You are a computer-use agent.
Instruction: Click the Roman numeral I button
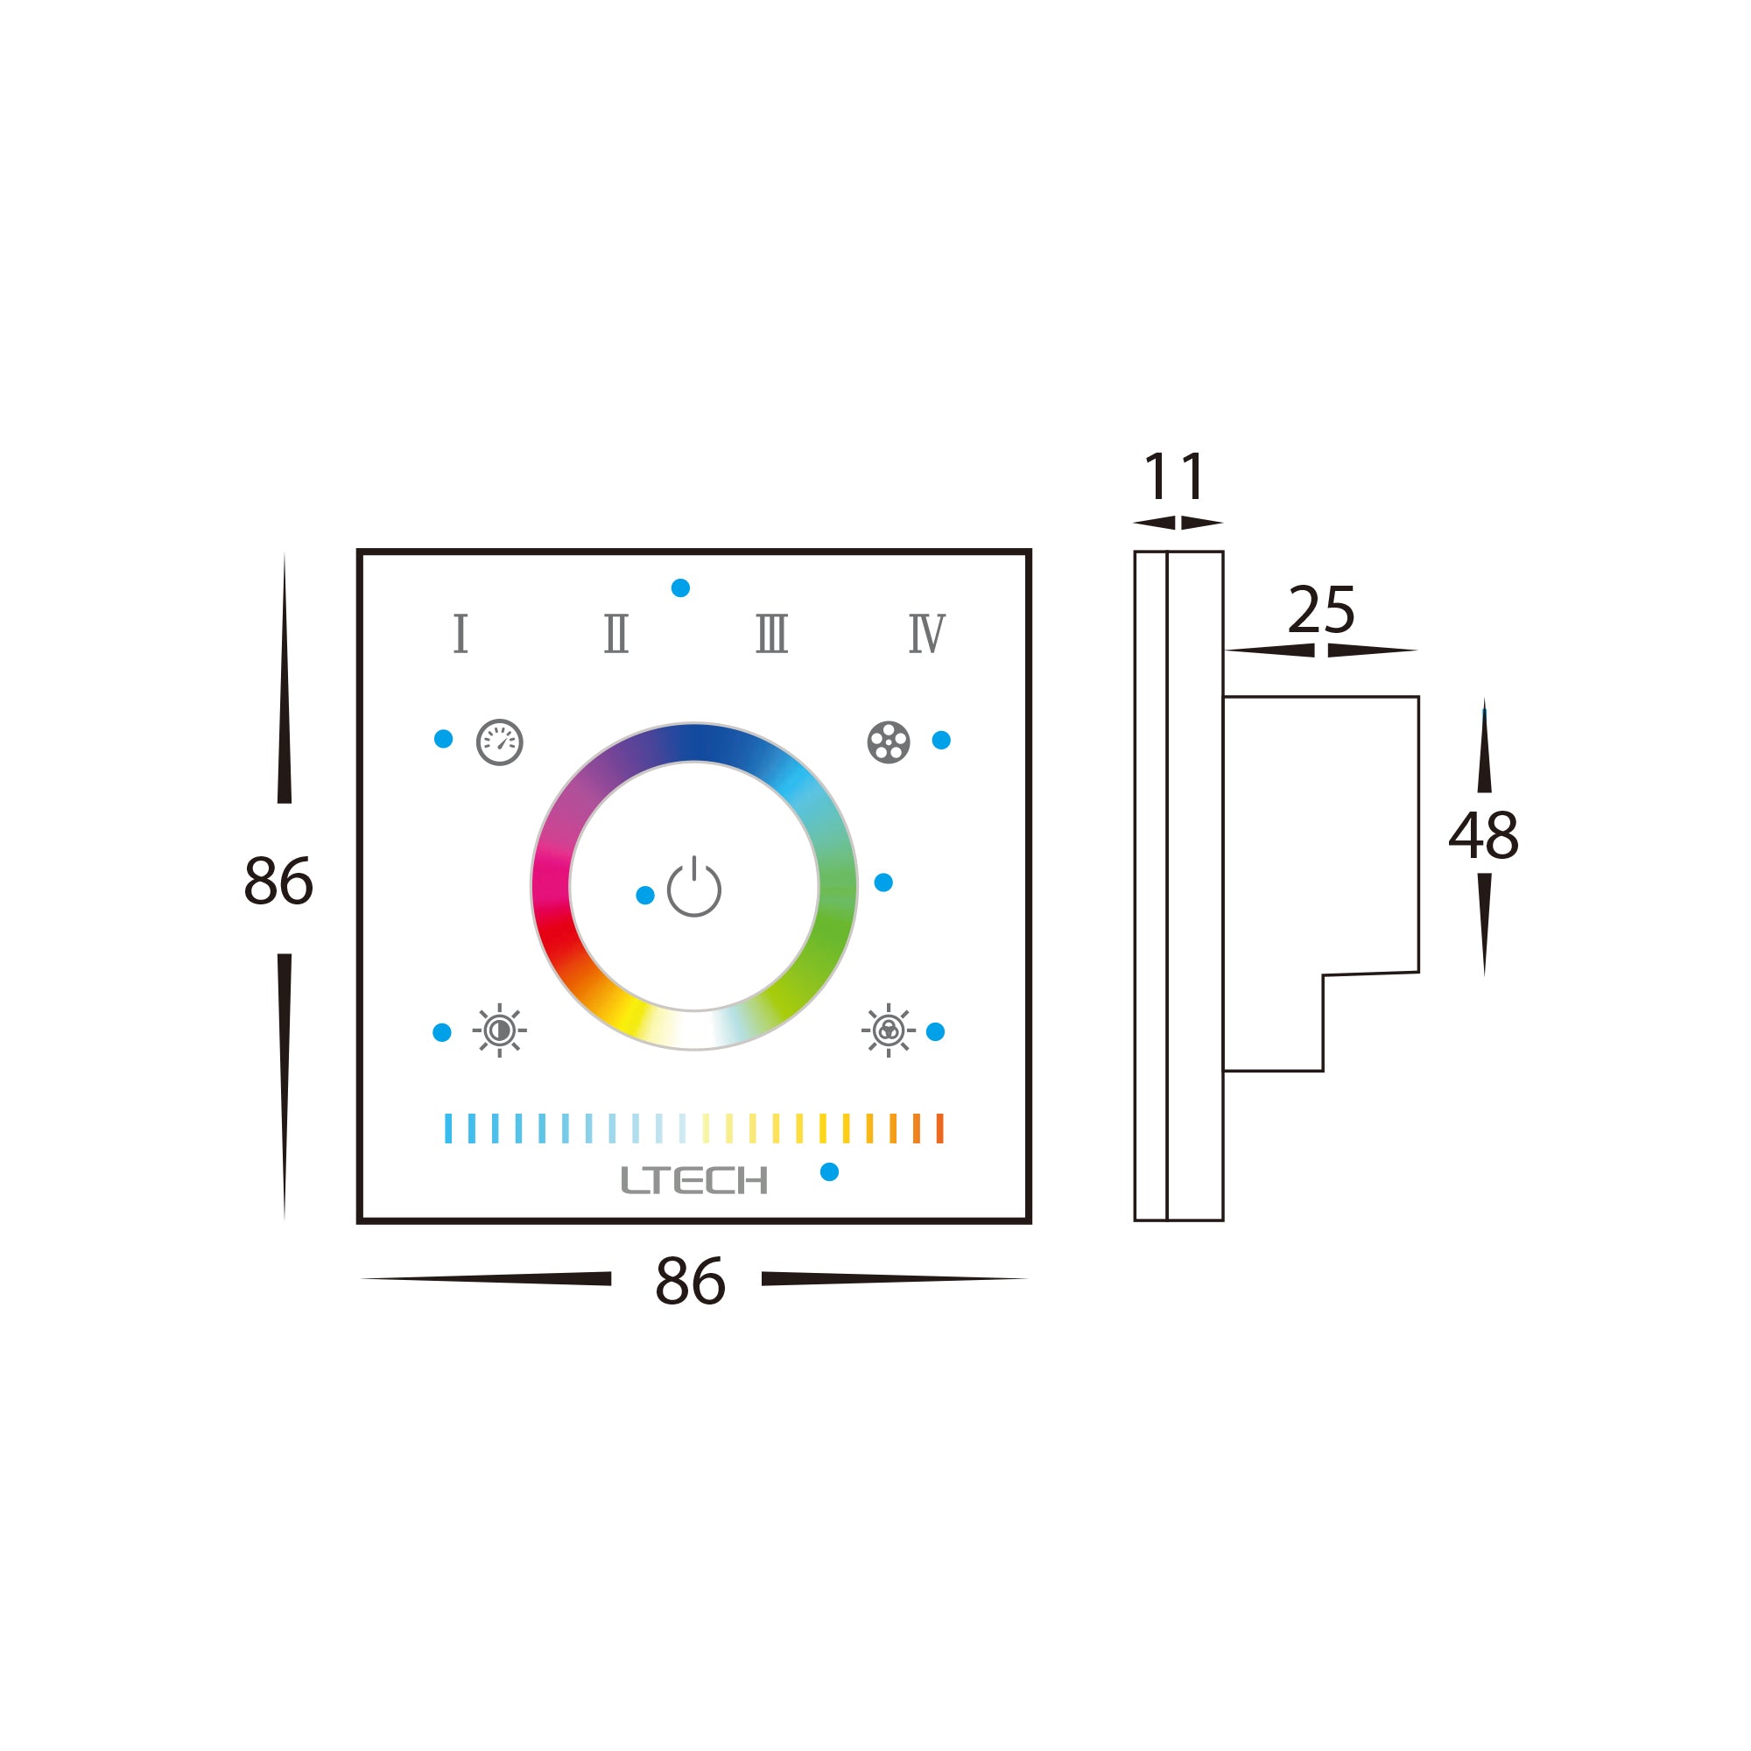tap(461, 633)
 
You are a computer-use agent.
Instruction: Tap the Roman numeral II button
tap(616, 633)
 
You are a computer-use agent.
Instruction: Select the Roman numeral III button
tap(772, 633)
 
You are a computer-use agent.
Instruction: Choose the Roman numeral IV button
tap(927, 633)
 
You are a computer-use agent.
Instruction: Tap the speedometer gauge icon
tap(499, 742)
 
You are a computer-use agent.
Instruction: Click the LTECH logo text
tap(694, 1180)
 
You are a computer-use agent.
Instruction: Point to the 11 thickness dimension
tap(1175, 475)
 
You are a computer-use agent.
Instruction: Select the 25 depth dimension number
tap(1321, 610)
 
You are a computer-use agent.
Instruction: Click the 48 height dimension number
tap(1484, 835)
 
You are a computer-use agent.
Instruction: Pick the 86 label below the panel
tap(690, 1282)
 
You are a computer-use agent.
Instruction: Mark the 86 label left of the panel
tap(278, 881)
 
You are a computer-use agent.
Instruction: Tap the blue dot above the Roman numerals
tap(680, 588)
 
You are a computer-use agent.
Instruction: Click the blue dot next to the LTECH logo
tap(829, 1172)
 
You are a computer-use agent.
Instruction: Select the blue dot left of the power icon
tap(645, 896)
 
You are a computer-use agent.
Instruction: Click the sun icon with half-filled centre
tap(499, 1030)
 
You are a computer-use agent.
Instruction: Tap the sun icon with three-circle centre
tap(888, 1030)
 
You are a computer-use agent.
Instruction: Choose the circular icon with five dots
tap(888, 742)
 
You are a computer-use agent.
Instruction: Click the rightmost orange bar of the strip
tap(939, 1129)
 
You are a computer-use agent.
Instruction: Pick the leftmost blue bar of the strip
tap(447, 1129)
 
